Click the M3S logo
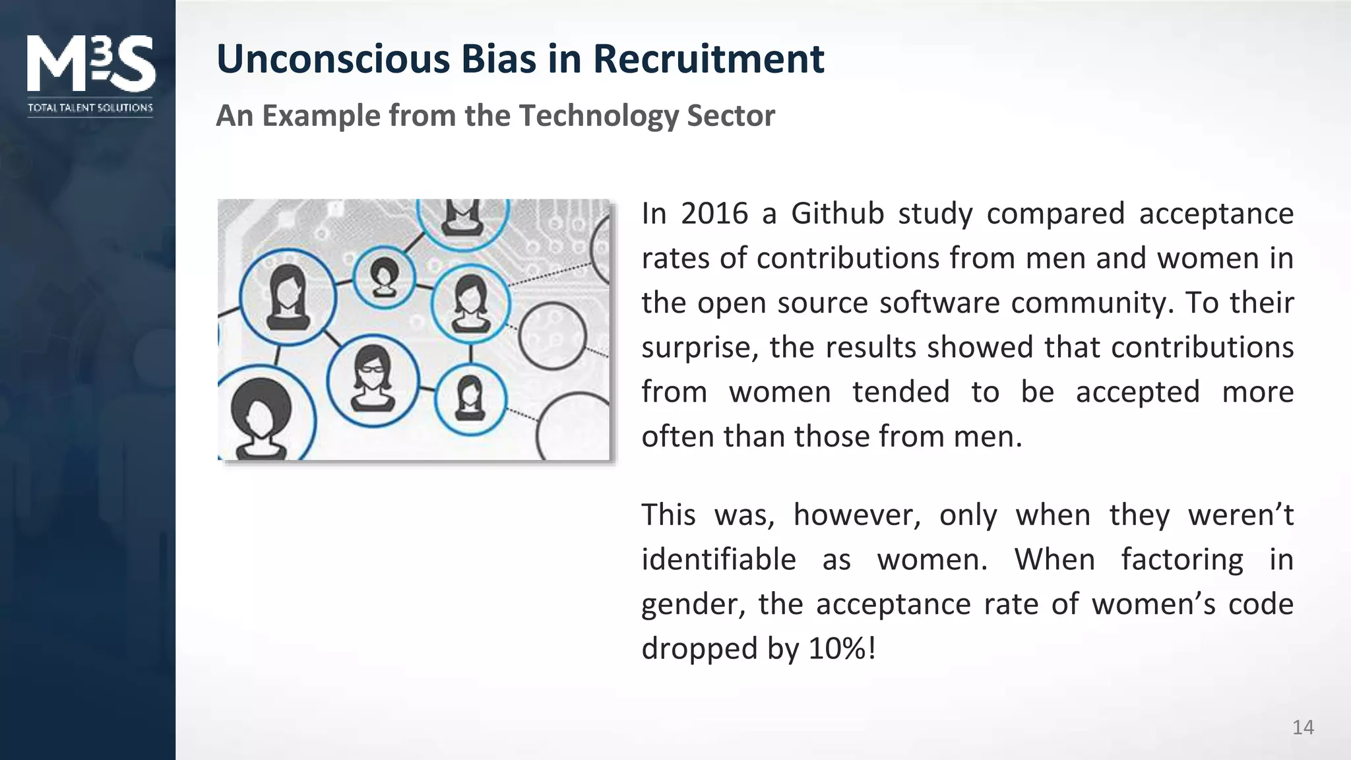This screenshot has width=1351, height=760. coord(90,63)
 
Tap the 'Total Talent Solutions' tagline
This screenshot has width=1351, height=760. coord(90,108)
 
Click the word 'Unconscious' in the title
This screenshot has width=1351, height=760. coord(332,59)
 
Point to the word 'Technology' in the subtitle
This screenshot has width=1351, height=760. coord(598,115)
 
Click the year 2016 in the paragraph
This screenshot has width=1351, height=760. coord(714,214)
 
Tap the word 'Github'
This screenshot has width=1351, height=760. coord(837,214)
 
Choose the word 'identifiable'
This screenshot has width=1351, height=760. coord(718,559)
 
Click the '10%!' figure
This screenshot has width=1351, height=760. coord(842,649)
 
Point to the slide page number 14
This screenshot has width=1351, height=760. coord(1303,727)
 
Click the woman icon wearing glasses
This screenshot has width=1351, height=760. coord(373,379)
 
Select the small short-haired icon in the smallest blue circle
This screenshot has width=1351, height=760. coord(384,276)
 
